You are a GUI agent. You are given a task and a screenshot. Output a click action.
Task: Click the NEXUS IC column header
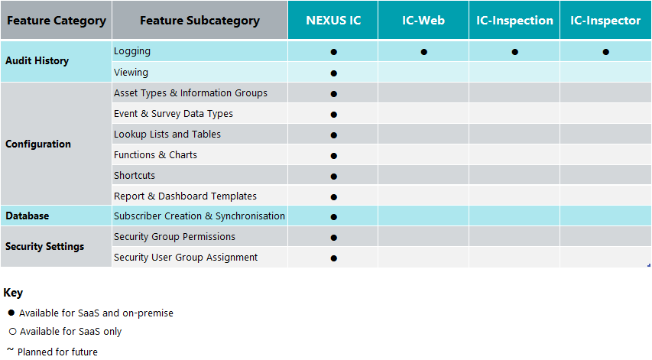[x=333, y=21]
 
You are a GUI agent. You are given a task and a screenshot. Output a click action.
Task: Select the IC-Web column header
[x=423, y=21]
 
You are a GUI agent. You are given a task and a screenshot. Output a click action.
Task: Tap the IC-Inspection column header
[x=514, y=21]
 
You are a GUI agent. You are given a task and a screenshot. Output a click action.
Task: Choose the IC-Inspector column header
[x=605, y=21]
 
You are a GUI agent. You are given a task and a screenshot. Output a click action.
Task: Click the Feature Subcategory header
[x=199, y=21]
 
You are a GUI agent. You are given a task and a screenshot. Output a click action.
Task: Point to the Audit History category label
[x=37, y=61]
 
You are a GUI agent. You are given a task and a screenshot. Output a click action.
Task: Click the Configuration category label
[x=38, y=144]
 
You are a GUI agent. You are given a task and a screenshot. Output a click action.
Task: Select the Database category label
[x=28, y=216]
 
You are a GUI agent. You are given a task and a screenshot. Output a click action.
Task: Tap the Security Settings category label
[x=45, y=247]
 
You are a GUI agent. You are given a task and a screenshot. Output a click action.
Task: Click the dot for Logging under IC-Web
[x=423, y=52]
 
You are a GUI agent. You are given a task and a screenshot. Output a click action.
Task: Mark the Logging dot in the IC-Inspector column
[x=605, y=52]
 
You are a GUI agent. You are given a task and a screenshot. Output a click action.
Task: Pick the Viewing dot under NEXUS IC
[x=333, y=73]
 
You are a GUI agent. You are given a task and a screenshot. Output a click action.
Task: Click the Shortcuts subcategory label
[x=135, y=176]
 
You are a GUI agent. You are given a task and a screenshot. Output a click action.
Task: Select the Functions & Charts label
[x=155, y=155]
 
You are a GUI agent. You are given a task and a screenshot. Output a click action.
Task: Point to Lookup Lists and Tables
[x=167, y=135]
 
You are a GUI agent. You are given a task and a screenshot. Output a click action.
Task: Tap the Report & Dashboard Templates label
[x=185, y=196]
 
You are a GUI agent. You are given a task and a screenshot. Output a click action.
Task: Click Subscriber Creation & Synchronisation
[x=199, y=216]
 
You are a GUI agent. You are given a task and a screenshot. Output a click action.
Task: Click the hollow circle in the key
[x=11, y=332]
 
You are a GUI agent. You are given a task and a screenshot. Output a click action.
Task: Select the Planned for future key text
[x=57, y=352]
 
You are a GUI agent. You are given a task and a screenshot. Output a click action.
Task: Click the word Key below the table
[x=13, y=293]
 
